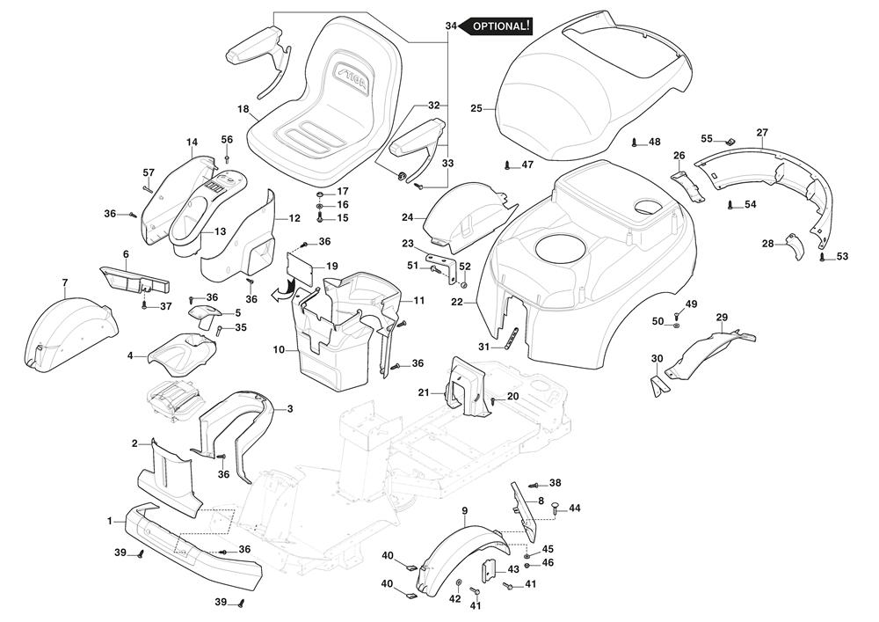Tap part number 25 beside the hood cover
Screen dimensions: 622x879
click(476, 109)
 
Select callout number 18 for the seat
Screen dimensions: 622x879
click(243, 108)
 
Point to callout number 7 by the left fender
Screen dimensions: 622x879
click(65, 282)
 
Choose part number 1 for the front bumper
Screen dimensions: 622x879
click(111, 521)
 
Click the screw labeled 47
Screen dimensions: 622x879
click(507, 165)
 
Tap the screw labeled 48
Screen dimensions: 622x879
click(634, 142)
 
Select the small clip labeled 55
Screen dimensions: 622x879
click(729, 143)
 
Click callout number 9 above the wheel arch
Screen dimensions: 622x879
click(464, 511)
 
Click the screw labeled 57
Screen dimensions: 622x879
click(148, 186)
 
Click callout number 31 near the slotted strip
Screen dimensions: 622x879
click(483, 347)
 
